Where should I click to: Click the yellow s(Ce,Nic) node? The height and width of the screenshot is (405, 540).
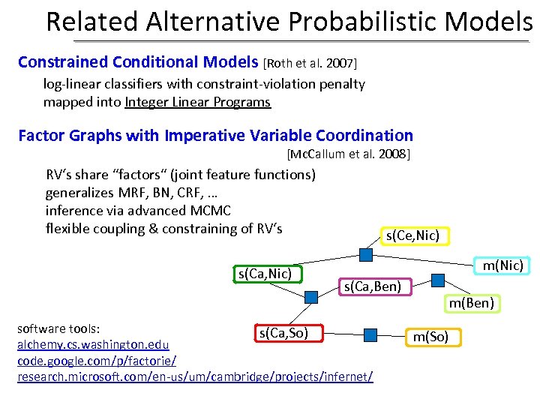[415, 235]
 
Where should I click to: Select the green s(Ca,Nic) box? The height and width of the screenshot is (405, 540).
[264, 274]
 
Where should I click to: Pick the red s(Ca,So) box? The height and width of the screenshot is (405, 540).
[283, 331]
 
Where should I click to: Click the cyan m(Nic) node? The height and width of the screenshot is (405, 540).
[502, 265]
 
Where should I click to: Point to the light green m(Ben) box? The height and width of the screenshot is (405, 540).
[471, 303]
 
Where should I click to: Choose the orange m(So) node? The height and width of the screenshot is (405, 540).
[430, 337]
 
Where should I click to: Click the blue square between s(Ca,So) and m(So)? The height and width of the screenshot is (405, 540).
[369, 334]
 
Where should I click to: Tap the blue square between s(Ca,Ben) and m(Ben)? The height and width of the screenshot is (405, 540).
[438, 280]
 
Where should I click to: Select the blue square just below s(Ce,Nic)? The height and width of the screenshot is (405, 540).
[365, 255]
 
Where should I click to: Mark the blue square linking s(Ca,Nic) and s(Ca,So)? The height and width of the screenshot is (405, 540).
[310, 297]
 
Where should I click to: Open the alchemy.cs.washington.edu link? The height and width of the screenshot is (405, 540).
[93, 345]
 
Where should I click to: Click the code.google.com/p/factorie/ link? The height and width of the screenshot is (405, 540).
[97, 361]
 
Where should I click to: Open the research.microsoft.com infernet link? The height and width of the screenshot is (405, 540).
[194, 376]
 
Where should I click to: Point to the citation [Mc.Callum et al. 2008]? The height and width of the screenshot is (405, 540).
[348, 154]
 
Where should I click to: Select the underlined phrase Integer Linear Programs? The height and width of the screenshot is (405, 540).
[198, 102]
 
